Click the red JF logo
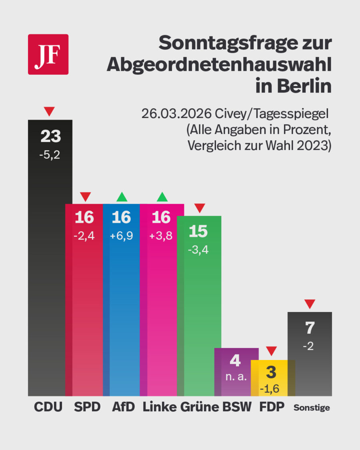click(48, 54)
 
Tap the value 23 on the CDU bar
click(50, 137)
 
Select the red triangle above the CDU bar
click(49, 111)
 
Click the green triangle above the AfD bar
click(122, 197)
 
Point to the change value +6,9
click(121, 236)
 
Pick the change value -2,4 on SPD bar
click(84, 236)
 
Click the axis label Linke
click(159, 407)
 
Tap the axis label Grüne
click(200, 407)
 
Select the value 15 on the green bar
click(199, 232)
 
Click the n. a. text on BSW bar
click(235, 376)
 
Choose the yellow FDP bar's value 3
click(271, 373)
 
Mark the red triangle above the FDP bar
click(272, 351)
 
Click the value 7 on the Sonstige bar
click(310, 328)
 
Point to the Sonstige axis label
click(312, 408)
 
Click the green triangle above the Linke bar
click(162, 197)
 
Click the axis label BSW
click(237, 407)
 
